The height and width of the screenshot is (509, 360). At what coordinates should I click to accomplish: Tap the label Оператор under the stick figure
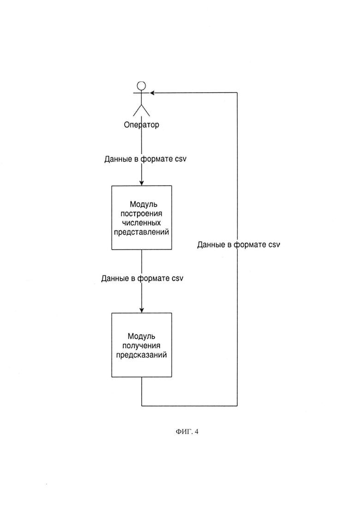[x=142, y=125]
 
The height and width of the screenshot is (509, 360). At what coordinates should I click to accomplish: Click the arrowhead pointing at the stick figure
[x=152, y=93]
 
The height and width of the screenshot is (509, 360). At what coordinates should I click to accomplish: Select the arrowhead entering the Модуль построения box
[x=142, y=183]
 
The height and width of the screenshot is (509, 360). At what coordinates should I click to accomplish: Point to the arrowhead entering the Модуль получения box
[x=142, y=311]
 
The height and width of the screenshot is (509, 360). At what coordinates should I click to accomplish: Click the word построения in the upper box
[x=141, y=214]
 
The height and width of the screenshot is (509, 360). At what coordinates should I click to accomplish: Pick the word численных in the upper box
[x=141, y=223]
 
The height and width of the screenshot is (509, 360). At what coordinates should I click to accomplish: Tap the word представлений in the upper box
[x=141, y=233]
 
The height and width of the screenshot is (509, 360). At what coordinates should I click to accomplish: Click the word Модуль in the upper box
[x=144, y=204]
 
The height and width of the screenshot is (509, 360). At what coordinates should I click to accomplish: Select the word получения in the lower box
[x=141, y=346]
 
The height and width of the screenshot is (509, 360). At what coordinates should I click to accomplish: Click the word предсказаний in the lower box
[x=142, y=355]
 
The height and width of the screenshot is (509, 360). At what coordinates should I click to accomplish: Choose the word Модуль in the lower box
[x=141, y=336]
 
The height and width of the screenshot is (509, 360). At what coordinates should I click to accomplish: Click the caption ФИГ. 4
[x=187, y=431]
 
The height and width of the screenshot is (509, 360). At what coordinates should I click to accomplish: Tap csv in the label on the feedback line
[x=274, y=245]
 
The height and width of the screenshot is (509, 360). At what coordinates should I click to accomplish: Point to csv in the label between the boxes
[x=178, y=279]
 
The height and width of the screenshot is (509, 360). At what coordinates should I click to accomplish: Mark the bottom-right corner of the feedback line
[x=237, y=406]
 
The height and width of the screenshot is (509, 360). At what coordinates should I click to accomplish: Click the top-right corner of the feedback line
[x=237, y=93]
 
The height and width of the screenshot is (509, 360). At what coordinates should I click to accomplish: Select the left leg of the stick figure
[x=138, y=110]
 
